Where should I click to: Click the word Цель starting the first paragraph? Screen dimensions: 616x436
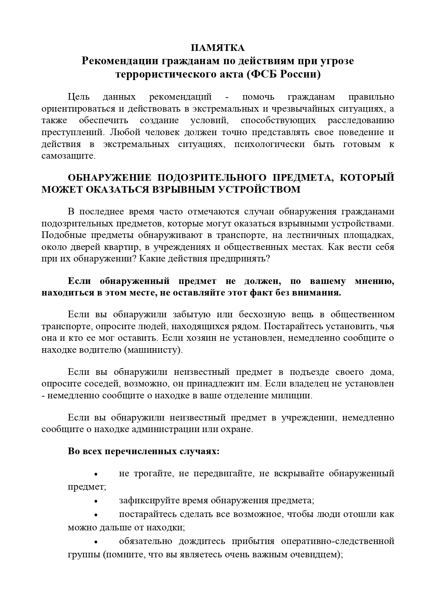(x=79, y=97)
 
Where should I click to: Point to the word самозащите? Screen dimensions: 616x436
(x=69, y=156)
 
